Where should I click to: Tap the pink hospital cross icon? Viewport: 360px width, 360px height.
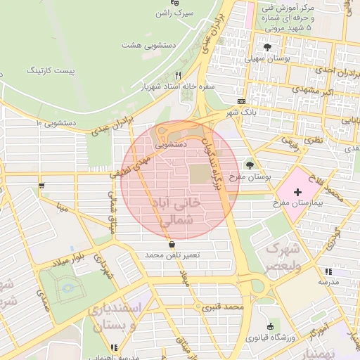(x=297, y=191)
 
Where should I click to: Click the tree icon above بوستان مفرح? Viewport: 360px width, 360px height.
(x=250, y=165)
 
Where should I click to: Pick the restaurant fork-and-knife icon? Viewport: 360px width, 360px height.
(x=179, y=75)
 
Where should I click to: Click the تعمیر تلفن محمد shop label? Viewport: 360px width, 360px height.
(x=173, y=254)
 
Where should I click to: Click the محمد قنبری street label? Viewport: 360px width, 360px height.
(x=223, y=307)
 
